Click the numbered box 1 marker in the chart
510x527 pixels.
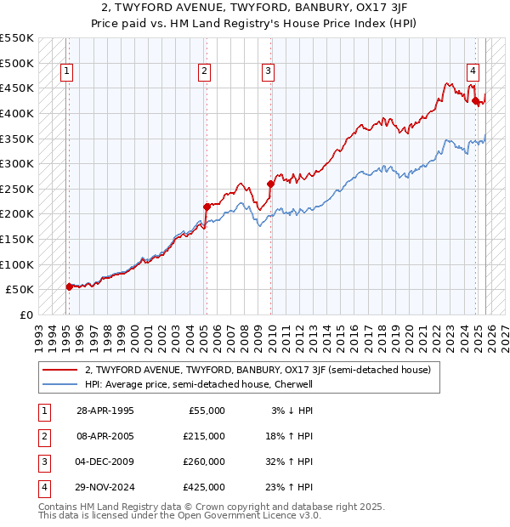pyautogui.click(x=66, y=72)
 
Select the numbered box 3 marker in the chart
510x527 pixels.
pyautogui.click(x=268, y=72)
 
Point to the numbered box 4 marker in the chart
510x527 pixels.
pyautogui.click(x=473, y=72)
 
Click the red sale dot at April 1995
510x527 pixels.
pyautogui.click(x=69, y=287)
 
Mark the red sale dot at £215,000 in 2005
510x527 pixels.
pyautogui.click(x=207, y=207)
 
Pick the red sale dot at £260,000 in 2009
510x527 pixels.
pyautogui.click(x=271, y=184)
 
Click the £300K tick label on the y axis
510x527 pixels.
pyautogui.click(x=16, y=163)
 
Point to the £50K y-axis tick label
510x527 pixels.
pyautogui.click(x=20, y=289)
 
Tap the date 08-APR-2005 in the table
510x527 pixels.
pyautogui.click(x=105, y=436)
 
